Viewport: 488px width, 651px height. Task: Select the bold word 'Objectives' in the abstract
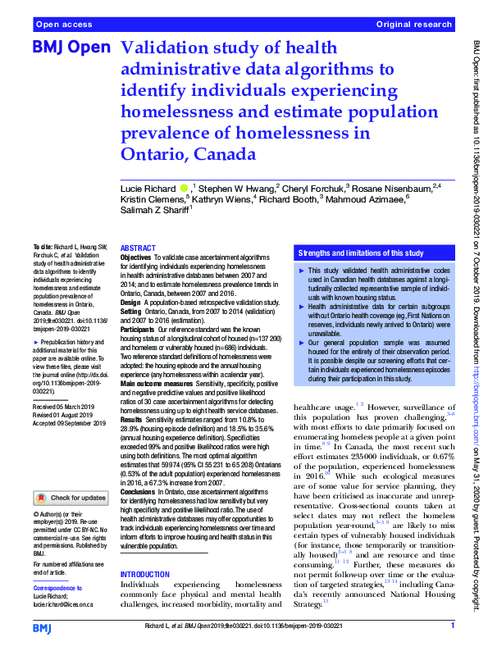[136, 257]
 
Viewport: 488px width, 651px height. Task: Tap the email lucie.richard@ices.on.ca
[63, 603]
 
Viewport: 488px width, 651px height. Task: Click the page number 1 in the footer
[452, 626]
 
